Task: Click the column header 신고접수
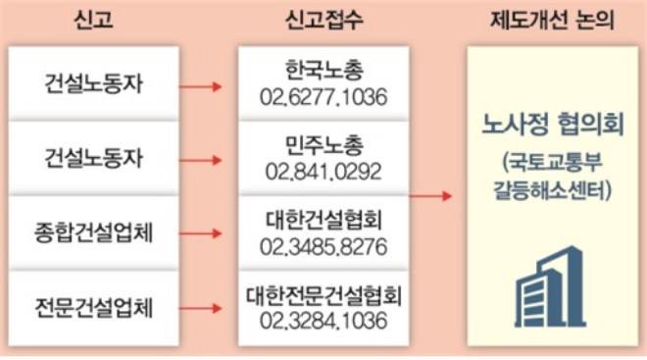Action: point(320,19)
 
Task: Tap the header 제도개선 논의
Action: point(552,19)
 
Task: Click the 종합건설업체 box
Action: point(94,233)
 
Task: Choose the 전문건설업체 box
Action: point(94,308)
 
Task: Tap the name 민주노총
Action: point(320,147)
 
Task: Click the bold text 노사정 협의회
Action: point(554,126)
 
